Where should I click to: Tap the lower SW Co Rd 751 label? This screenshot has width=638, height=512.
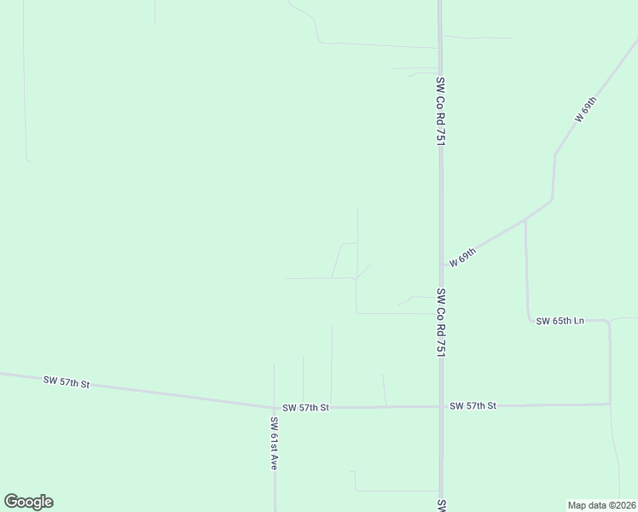441,322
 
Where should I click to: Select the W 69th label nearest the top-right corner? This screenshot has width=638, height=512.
585,110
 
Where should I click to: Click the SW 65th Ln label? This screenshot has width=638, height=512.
560,321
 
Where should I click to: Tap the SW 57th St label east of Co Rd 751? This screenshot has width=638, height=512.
473,405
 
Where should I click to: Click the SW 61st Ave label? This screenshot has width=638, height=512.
275,444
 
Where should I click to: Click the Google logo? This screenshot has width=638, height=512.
28,502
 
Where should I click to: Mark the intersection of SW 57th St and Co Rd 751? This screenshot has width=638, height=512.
441,406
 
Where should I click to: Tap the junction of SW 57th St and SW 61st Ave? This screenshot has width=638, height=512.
275,407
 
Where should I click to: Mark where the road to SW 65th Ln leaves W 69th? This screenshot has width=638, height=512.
525,218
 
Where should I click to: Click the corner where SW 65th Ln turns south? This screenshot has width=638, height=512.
609,323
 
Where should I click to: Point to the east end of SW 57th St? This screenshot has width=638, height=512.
610,404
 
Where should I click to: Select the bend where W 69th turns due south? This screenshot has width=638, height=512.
554,154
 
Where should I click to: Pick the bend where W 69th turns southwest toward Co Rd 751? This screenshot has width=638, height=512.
553,201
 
